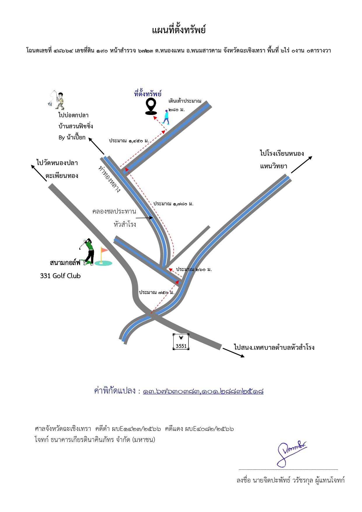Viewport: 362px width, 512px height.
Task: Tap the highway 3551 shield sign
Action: [181, 342]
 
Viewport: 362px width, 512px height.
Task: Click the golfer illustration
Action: [88, 251]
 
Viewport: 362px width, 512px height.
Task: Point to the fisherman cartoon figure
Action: [57, 99]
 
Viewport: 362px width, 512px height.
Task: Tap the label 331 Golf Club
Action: [60, 276]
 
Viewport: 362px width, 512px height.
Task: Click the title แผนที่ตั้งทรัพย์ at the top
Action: [179, 30]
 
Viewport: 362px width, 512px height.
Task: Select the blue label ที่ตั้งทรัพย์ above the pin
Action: [148, 94]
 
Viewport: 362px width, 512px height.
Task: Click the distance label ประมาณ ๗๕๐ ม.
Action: [157, 292]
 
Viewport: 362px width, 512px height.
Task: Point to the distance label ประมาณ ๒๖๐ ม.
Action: [194, 269]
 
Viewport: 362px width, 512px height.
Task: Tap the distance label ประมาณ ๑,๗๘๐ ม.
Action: [174, 204]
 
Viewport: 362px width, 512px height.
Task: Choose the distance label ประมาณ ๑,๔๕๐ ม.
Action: [129, 141]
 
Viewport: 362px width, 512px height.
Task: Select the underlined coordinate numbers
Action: [203, 391]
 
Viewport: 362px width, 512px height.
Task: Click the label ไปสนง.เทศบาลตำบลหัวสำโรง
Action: [274, 347]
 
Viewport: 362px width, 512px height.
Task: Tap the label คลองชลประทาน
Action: [114, 211]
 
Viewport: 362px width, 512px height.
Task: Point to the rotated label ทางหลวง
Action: [109, 179]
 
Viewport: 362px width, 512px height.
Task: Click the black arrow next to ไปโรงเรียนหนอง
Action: [302, 165]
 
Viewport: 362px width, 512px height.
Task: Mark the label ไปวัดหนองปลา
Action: [57, 163]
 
